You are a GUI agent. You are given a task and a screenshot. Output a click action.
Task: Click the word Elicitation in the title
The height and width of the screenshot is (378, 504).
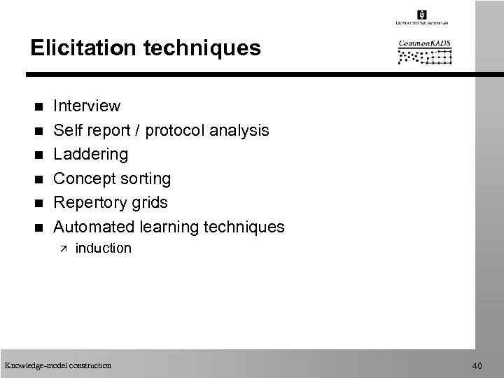pos(75,48)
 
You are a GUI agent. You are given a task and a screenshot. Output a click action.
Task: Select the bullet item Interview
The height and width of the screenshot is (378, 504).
pos(87,106)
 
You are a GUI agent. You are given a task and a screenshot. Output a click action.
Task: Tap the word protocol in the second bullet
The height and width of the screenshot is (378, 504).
pos(183,130)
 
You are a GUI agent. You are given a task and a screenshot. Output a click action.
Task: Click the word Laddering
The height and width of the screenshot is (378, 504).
pos(91,154)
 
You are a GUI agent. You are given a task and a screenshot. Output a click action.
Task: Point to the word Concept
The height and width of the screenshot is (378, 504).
pos(83,178)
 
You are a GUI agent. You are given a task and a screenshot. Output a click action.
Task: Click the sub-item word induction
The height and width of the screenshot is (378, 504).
pos(103,248)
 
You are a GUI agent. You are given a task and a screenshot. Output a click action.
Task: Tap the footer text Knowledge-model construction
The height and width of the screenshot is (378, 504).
pos(57,365)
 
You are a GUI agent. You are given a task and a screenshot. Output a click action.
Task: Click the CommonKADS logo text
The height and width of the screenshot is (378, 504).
pos(425,43)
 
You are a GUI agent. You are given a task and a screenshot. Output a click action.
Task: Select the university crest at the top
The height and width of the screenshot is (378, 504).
pos(421,15)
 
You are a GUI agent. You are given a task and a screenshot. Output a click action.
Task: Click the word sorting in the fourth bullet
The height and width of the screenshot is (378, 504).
pos(146,178)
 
